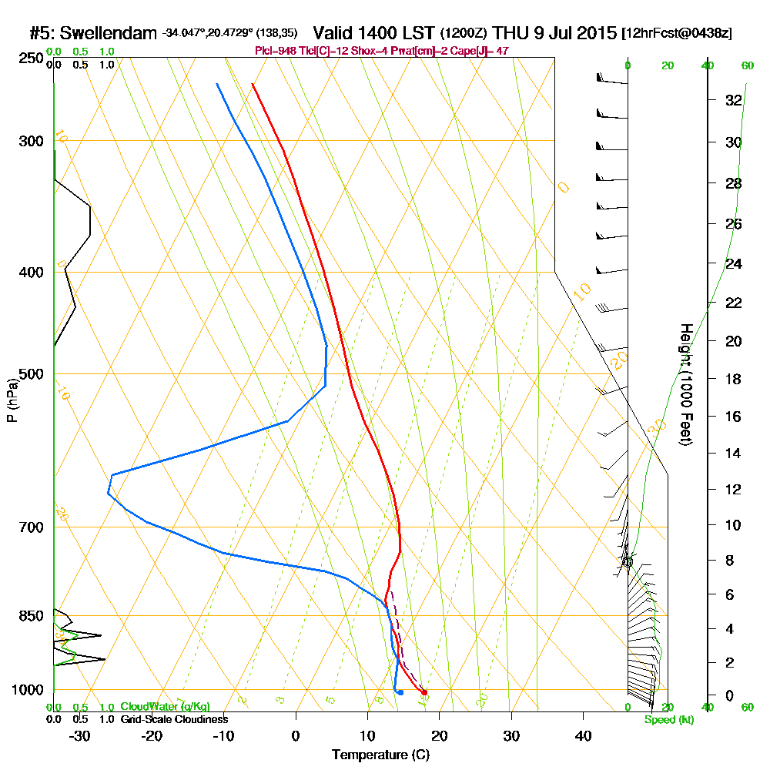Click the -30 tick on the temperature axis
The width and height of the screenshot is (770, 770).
(79, 735)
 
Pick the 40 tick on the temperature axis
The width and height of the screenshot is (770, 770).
(583, 735)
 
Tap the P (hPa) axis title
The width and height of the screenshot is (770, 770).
(12, 399)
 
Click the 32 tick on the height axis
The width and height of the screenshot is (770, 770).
(733, 100)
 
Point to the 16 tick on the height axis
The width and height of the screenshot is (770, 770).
(733, 417)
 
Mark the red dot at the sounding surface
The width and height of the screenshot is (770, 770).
(424, 692)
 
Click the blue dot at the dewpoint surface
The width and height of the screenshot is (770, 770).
(400, 692)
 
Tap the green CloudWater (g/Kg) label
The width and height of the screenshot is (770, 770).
(165, 707)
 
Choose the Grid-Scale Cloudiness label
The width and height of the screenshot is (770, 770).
(173, 719)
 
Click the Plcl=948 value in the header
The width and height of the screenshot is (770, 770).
(276, 50)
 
